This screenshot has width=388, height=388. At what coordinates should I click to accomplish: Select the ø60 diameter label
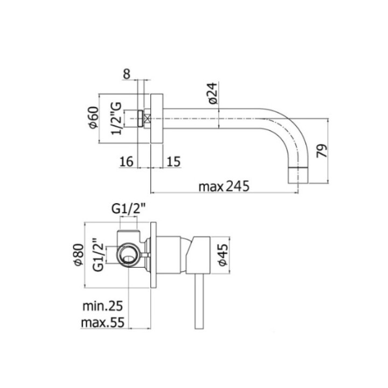[93, 117]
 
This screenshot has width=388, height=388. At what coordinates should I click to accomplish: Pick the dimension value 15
[174, 161]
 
